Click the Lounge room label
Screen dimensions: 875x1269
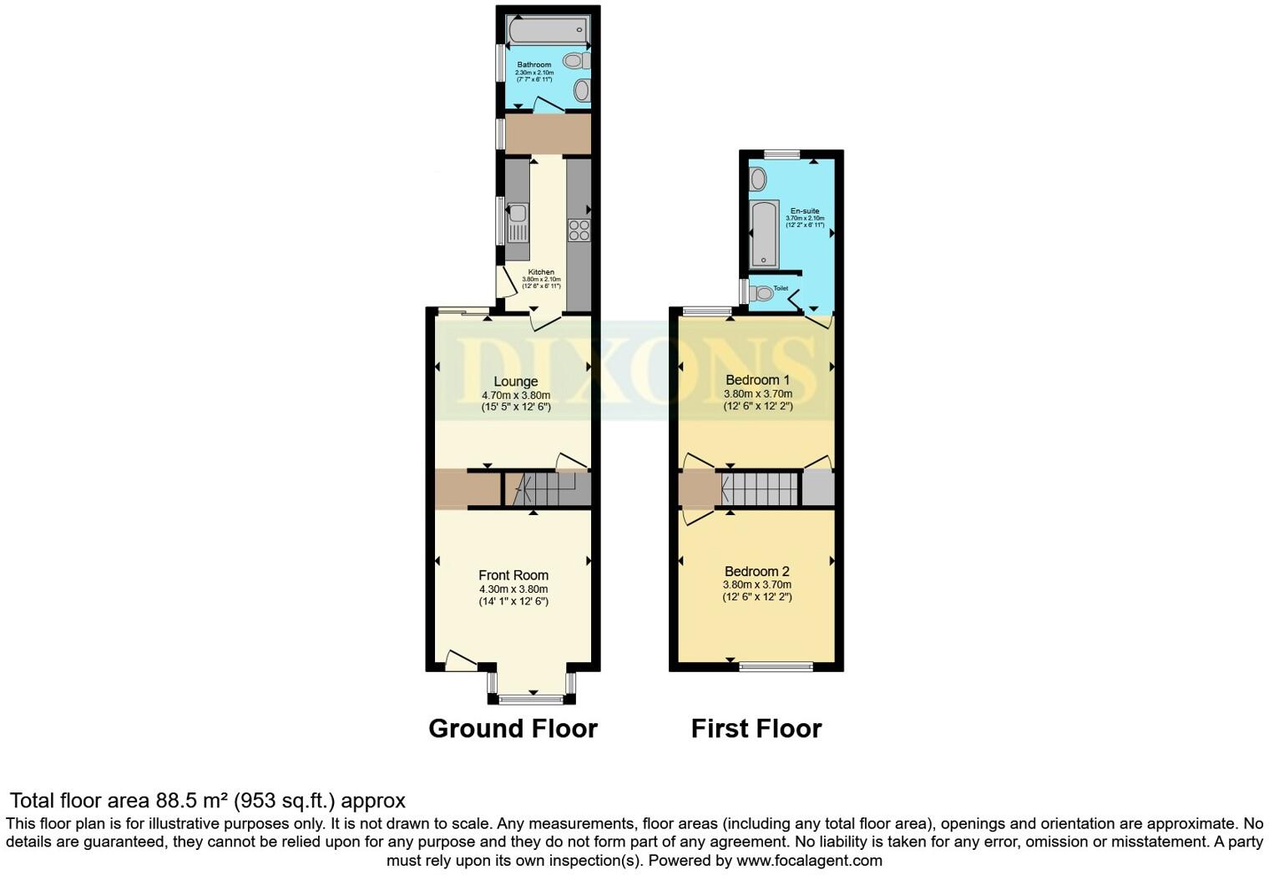click(515, 382)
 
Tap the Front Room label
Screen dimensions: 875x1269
click(513, 575)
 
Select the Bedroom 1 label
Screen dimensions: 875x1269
click(757, 380)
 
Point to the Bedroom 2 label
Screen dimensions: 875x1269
click(756, 572)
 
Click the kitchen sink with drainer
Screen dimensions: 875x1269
click(518, 223)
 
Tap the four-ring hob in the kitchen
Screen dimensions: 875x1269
click(579, 230)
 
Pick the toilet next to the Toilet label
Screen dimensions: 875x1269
click(761, 293)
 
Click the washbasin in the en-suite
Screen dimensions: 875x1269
click(758, 178)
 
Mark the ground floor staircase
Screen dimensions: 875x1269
click(542, 488)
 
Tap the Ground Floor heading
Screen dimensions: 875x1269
click(513, 729)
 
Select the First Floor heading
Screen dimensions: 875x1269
click(756, 729)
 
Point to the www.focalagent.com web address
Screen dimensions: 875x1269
click(809, 860)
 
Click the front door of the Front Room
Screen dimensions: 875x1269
click(461, 661)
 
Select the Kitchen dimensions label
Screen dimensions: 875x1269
click(541, 283)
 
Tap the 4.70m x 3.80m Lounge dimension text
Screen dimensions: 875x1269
click(515, 395)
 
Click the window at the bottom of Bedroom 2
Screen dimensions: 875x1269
click(776, 666)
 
